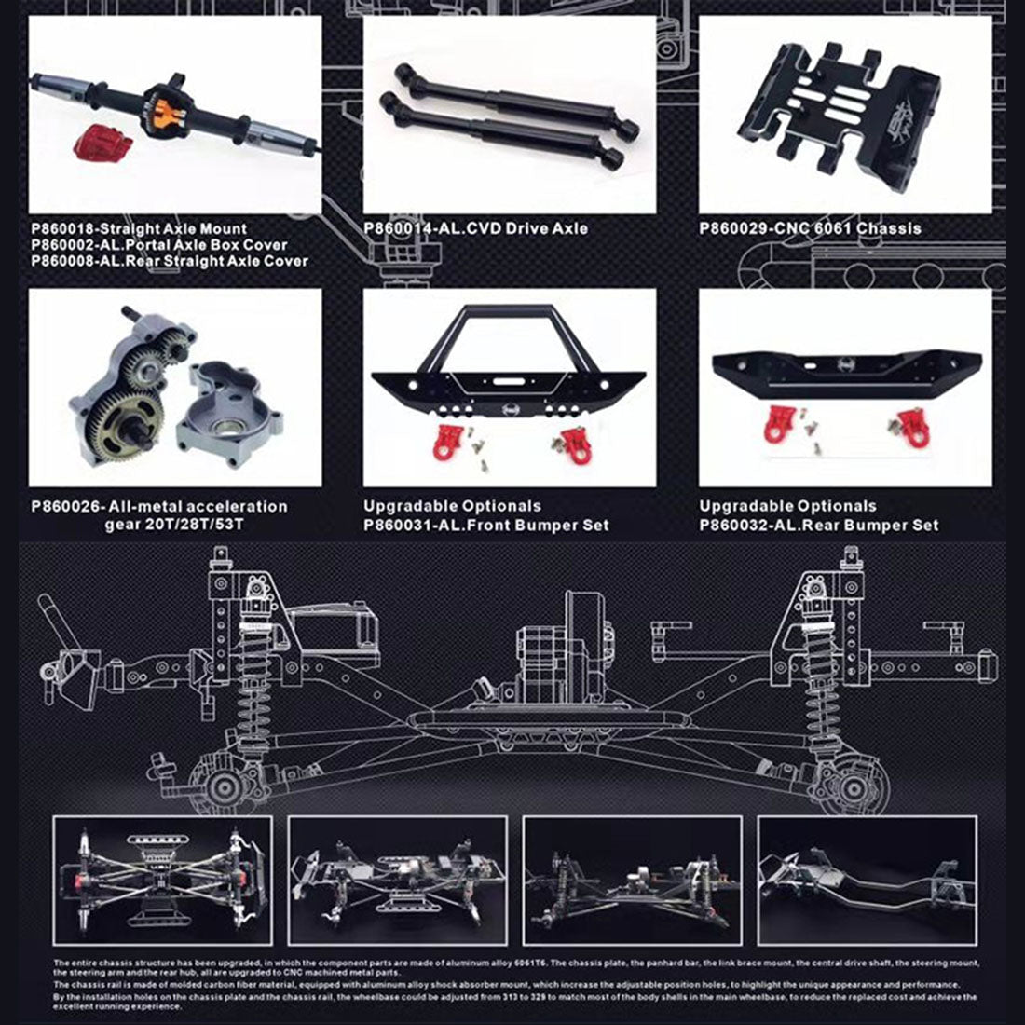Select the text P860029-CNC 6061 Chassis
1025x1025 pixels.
(810, 228)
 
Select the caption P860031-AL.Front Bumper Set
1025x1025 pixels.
(485, 525)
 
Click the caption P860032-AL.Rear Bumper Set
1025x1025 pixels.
(818, 525)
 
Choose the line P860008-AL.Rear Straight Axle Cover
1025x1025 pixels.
(169, 261)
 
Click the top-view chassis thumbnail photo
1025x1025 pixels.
(163, 868)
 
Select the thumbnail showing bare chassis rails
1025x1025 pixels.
(867, 868)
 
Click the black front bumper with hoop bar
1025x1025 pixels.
(509, 368)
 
